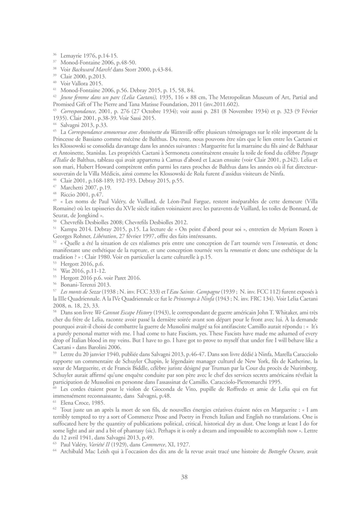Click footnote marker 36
coord(54,54)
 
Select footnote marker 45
coord(54,131)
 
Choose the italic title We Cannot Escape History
coord(119,312)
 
